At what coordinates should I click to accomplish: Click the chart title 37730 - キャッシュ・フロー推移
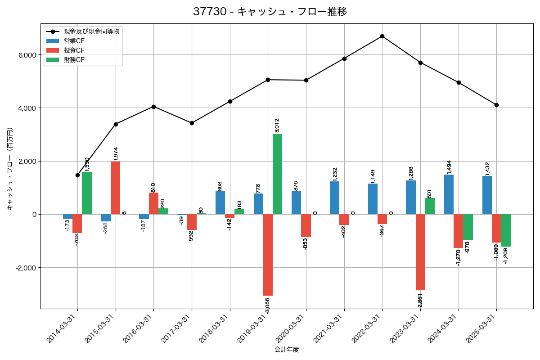click(x=270, y=12)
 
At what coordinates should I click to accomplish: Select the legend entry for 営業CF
click(x=74, y=41)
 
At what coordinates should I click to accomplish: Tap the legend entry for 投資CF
click(x=74, y=50)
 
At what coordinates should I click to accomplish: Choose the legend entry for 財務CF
click(x=74, y=60)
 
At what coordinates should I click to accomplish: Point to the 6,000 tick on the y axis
click(x=27, y=55)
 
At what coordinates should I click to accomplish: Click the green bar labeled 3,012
click(x=277, y=174)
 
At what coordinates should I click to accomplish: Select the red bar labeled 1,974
click(x=116, y=188)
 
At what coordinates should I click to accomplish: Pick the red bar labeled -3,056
click(x=268, y=255)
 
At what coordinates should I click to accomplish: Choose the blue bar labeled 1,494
click(x=449, y=194)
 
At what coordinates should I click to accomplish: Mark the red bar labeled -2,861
click(x=420, y=252)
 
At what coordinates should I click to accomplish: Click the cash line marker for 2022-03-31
click(x=382, y=36)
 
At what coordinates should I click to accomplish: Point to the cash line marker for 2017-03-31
click(x=192, y=123)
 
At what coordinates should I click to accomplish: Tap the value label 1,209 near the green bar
click(x=505, y=255)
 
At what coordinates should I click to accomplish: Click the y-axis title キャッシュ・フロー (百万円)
click(x=10, y=169)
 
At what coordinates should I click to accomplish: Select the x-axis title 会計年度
click(x=287, y=350)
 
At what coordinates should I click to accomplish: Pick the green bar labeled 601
click(x=430, y=206)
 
